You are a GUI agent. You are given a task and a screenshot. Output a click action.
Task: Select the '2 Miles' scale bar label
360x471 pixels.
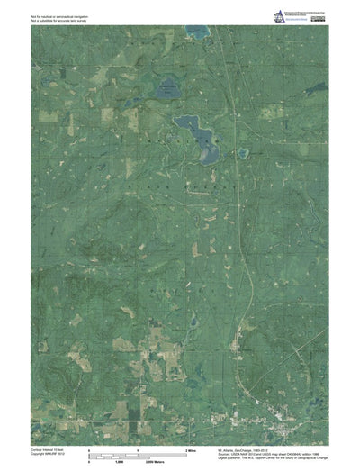coord(192,448)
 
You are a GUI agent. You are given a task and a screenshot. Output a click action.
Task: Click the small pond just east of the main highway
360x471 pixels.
coord(243,153)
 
